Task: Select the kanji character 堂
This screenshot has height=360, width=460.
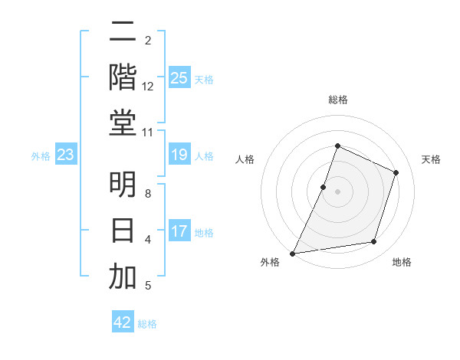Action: tap(123, 123)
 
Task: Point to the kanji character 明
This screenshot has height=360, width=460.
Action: tap(123, 185)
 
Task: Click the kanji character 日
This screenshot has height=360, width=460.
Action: tap(123, 231)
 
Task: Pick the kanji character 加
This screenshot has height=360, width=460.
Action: tap(123, 277)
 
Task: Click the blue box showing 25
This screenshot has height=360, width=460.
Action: tap(179, 78)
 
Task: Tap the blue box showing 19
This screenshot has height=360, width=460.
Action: tap(179, 155)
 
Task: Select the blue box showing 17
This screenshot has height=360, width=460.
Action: tap(179, 231)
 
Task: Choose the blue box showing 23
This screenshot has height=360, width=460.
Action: tap(66, 155)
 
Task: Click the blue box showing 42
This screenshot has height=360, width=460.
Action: tap(123, 322)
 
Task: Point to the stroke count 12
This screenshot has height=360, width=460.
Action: tap(148, 87)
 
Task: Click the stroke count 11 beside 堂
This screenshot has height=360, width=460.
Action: tap(147, 133)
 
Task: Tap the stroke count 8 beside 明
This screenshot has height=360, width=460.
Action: tap(148, 194)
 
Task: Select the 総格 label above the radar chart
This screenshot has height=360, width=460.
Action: tap(337, 100)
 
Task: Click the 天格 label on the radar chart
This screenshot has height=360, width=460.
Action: tap(431, 159)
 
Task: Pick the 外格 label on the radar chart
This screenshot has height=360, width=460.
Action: tap(270, 263)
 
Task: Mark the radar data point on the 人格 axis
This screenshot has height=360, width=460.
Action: tap(324, 187)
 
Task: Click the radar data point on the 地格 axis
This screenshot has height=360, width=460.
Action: tap(374, 242)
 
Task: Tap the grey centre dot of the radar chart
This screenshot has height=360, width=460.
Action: tap(337, 191)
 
